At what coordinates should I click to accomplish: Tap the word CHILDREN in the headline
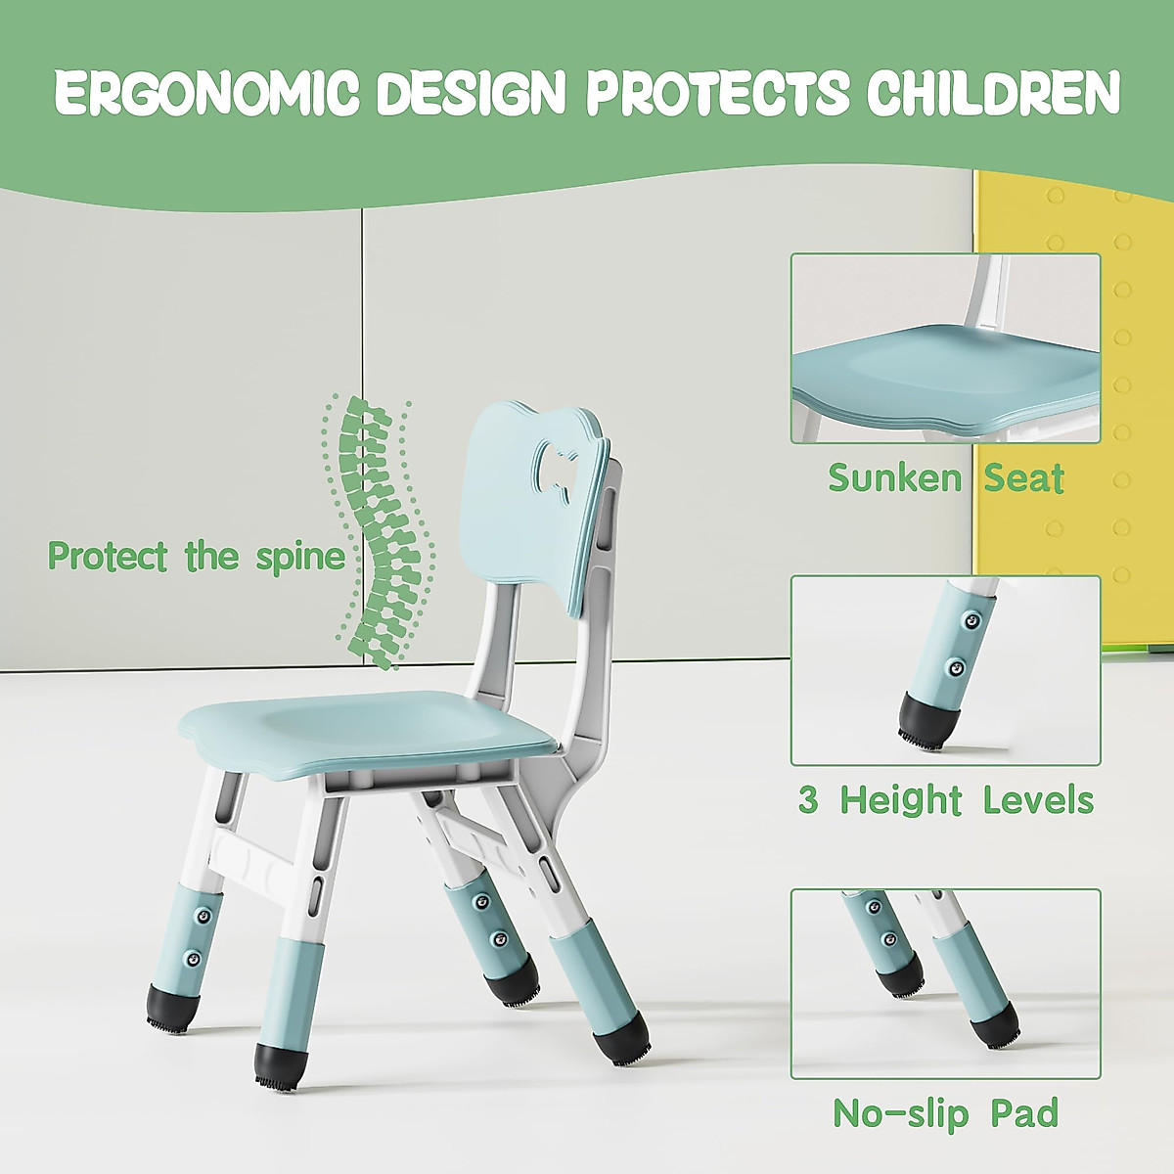tap(993, 93)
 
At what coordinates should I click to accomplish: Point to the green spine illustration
tap(379, 531)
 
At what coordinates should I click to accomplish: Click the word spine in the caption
tap(300, 559)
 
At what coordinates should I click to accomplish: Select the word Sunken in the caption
tap(894, 477)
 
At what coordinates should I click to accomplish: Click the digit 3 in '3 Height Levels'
tap(808, 800)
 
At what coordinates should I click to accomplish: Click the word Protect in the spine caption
tap(108, 556)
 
